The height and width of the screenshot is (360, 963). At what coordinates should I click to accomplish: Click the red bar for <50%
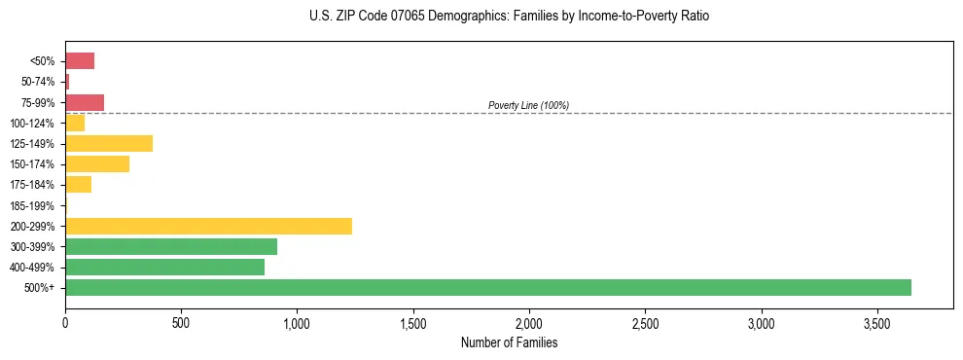click(x=80, y=61)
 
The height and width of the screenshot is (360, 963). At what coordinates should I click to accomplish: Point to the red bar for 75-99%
click(x=85, y=102)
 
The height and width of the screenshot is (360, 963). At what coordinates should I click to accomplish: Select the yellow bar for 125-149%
click(x=109, y=143)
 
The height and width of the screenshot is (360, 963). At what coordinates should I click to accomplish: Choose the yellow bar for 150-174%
click(x=97, y=163)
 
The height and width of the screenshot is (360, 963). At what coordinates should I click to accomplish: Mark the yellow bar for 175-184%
click(x=78, y=184)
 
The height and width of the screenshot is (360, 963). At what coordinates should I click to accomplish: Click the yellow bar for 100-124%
click(x=75, y=123)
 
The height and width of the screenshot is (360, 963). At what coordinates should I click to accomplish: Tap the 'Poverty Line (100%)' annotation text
click(x=528, y=105)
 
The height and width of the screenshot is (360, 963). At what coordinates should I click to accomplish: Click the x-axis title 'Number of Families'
click(x=509, y=342)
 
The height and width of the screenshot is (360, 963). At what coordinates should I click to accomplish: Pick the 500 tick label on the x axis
click(x=181, y=322)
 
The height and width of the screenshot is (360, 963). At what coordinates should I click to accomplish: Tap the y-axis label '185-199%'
click(x=32, y=205)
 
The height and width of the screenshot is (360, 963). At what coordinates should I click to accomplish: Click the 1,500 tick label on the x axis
click(x=413, y=322)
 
